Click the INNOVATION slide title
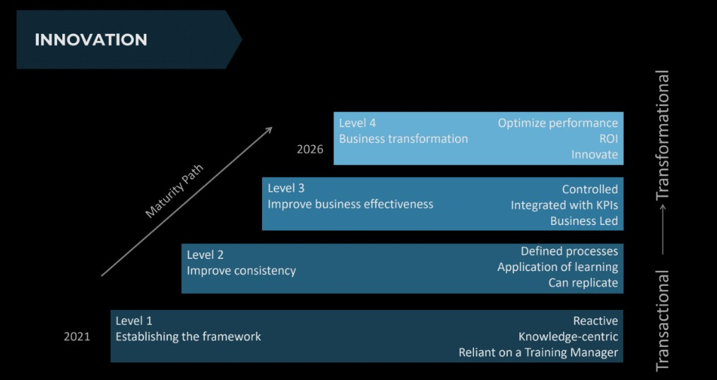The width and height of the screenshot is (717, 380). [x=91, y=40]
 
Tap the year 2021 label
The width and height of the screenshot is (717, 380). [x=77, y=337]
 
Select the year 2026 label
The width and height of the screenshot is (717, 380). [x=309, y=149]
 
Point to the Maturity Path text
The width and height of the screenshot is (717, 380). [x=174, y=192]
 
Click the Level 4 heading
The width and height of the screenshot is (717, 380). [x=357, y=123]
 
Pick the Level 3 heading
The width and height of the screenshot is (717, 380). [x=285, y=188]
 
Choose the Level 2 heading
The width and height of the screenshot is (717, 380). [x=205, y=255]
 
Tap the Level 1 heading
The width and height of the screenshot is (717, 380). [x=134, y=321]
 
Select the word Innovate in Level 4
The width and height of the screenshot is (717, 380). [x=594, y=154]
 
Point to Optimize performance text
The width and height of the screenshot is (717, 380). [x=557, y=123]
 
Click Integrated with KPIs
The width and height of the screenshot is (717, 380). [x=564, y=205]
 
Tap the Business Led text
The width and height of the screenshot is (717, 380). [x=583, y=221]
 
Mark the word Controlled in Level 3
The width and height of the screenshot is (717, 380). [x=589, y=189]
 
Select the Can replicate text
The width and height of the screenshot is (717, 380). [x=583, y=283]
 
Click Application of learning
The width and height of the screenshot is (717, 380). [x=557, y=267]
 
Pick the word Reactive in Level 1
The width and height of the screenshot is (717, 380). [x=595, y=321]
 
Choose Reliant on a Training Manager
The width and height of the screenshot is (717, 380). [x=538, y=352]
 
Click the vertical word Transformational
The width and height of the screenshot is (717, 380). [x=662, y=135]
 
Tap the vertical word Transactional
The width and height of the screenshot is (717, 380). [x=662, y=321]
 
